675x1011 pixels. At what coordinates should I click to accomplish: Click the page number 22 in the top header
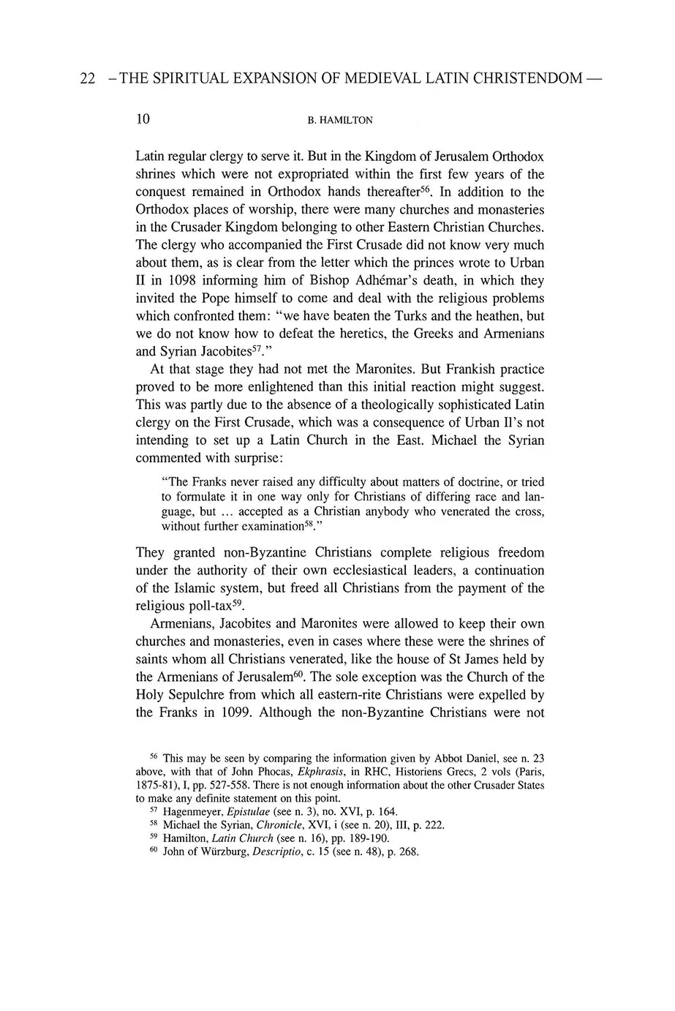[x=86, y=78]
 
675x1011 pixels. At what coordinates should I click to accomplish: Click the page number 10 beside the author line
[x=143, y=119]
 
